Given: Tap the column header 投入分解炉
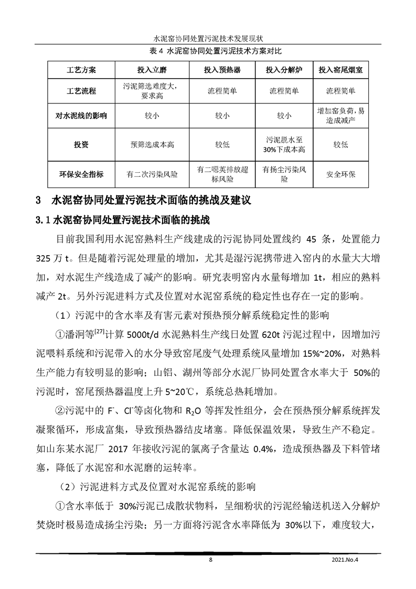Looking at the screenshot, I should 284,70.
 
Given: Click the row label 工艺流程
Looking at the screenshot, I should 82,91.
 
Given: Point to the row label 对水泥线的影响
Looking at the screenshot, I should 82,115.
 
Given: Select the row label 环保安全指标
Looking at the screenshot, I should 82,174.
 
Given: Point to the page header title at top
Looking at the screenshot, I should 208,39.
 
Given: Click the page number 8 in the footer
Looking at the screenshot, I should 210,560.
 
